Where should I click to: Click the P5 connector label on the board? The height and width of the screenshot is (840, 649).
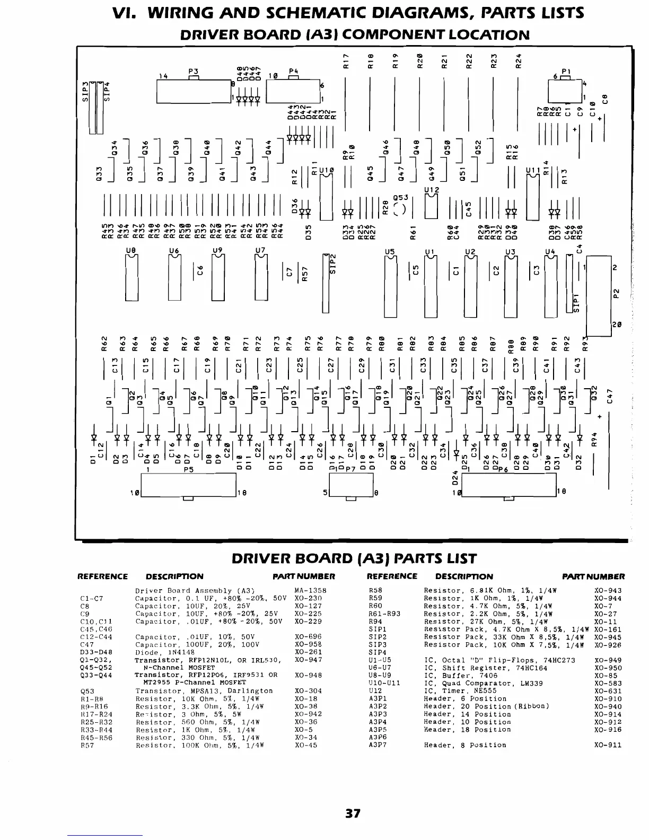click(188, 470)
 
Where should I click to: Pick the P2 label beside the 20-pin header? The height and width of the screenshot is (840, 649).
click(616, 293)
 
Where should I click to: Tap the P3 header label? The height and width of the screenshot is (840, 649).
click(193, 71)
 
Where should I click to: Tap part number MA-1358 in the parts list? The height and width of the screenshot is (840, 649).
click(310, 591)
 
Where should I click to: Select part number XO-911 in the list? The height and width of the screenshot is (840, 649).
click(608, 745)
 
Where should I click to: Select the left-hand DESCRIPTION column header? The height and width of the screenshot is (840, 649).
click(174, 576)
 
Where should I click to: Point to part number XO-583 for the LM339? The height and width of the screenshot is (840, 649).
click(608, 684)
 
